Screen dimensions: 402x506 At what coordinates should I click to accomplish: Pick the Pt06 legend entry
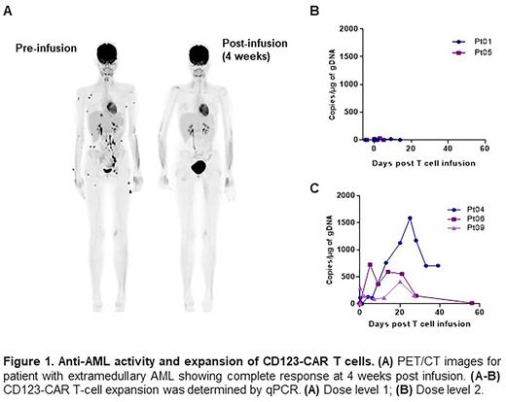[470, 219]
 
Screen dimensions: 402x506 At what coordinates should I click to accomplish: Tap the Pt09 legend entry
[470, 228]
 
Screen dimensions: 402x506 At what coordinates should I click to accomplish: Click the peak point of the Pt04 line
[412, 218]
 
